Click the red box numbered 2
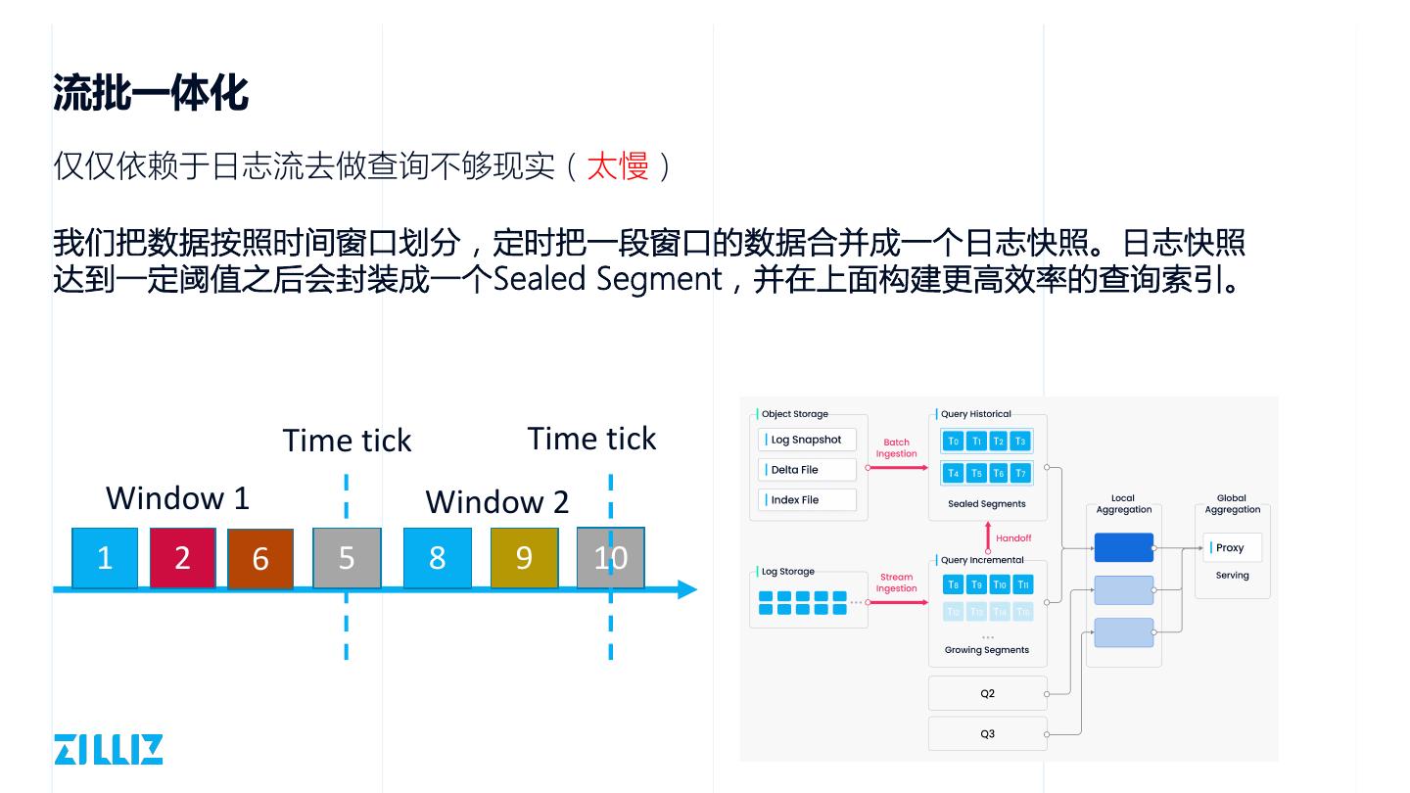(182, 557)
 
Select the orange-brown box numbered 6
(260, 559)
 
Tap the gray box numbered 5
(347, 557)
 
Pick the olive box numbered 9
(524, 557)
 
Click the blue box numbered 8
(437, 557)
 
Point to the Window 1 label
(177, 498)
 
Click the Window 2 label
(496, 502)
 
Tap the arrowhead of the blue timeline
(687, 589)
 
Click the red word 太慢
(617, 166)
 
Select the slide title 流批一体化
(150, 94)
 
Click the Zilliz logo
(108, 749)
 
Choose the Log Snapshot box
(807, 440)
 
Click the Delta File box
(807, 470)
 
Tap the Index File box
(807, 499)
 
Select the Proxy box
(1232, 547)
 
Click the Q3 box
(987, 733)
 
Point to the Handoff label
(1013, 537)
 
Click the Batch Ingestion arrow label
(896, 448)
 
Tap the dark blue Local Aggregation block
(1123, 547)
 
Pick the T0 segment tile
(954, 442)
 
